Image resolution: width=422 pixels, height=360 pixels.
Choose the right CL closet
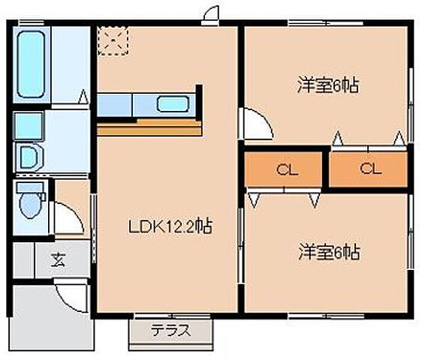(x=369, y=169)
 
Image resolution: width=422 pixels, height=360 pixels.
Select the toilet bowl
(x=30, y=202)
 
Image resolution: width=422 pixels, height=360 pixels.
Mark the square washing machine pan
(x=29, y=124)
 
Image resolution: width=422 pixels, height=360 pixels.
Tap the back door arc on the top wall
(x=211, y=13)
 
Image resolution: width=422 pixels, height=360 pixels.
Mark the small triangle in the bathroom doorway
(x=84, y=97)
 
